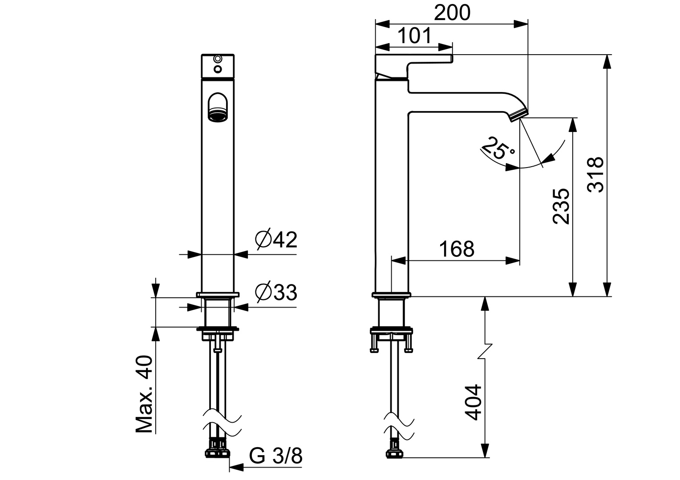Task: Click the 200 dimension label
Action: (452, 13)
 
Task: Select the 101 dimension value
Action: (414, 36)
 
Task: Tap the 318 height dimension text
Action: (595, 174)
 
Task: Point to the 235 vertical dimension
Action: (561, 206)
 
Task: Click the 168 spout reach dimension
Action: (457, 249)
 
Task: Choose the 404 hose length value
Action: (473, 402)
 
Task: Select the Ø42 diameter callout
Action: (276, 240)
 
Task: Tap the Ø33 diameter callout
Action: (276, 292)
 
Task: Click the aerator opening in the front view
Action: (217, 117)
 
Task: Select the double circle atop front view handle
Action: (218, 59)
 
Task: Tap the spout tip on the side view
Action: (518, 115)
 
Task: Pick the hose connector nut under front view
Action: (218, 452)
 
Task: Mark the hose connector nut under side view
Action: (395, 452)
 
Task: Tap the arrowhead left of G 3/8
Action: (236, 468)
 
